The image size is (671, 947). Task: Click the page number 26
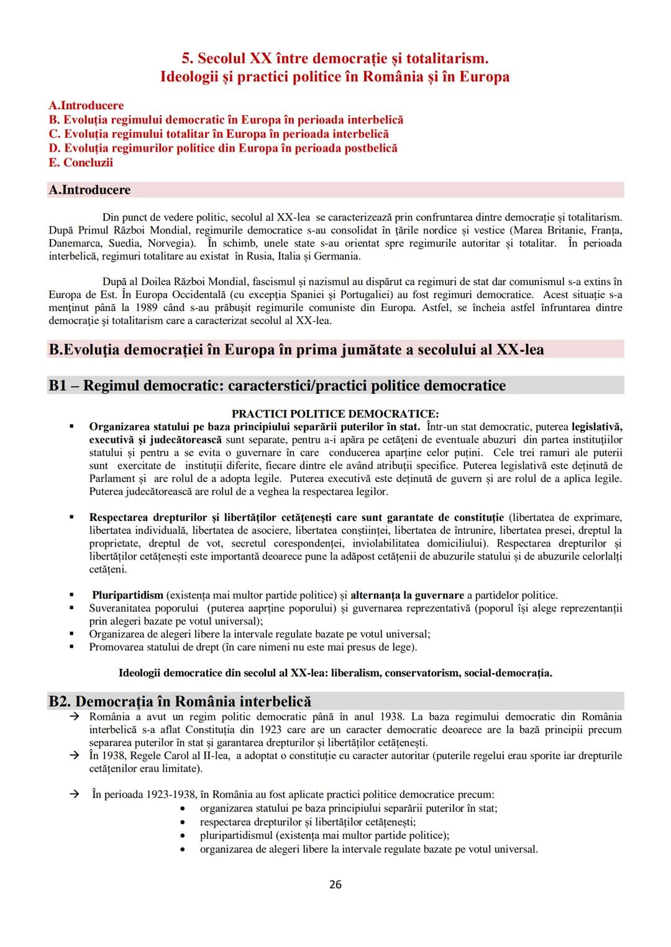(x=335, y=884)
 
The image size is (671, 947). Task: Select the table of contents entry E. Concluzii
(x=81, y=163)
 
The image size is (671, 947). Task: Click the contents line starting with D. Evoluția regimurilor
(x=223, y=148)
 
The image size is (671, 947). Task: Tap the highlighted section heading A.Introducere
(x=89, y=190)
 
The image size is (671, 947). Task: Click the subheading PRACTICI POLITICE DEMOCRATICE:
(x=335, y=414)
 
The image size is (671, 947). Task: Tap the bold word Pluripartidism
(x=127, y=596)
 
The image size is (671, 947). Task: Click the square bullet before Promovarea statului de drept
(x=73, y=647)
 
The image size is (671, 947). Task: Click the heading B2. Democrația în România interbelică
(x=180, y=702)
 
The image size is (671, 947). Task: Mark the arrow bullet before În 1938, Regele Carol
(x=73, y=756)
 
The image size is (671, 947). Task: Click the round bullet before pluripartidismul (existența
(x=182, y=836)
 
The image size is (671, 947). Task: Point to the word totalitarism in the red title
(x=438, y=58)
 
